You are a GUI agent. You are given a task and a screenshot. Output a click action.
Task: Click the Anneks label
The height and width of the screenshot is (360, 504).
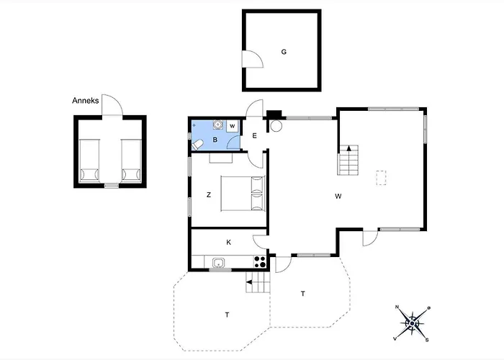click(x=86, y=101)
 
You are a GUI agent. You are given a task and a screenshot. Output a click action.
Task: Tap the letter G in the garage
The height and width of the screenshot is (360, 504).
click(x=284, y=52)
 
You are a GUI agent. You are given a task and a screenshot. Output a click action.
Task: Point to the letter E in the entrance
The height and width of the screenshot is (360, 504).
click(x=254, y=135)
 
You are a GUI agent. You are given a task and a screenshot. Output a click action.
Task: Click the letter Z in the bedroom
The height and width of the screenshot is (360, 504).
click(x=208, y=194)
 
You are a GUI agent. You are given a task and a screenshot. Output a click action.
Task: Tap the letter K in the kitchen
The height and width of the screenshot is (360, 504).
click(x=228, y=243)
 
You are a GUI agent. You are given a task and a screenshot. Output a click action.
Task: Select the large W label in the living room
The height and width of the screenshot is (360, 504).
click(x=337, y=196)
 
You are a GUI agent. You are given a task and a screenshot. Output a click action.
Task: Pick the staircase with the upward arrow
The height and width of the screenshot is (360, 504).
click(x=349, y=160)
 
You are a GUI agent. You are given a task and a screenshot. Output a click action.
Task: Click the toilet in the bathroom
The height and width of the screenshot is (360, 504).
click(x=197, y=145)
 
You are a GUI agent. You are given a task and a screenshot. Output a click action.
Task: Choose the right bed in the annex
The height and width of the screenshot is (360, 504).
click(x=130, y=160)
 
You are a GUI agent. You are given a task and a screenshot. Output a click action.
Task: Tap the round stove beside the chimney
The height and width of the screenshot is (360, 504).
click(x=276, y=125)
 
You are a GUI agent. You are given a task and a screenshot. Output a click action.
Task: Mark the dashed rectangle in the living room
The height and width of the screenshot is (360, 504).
click(x=382, y=177)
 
